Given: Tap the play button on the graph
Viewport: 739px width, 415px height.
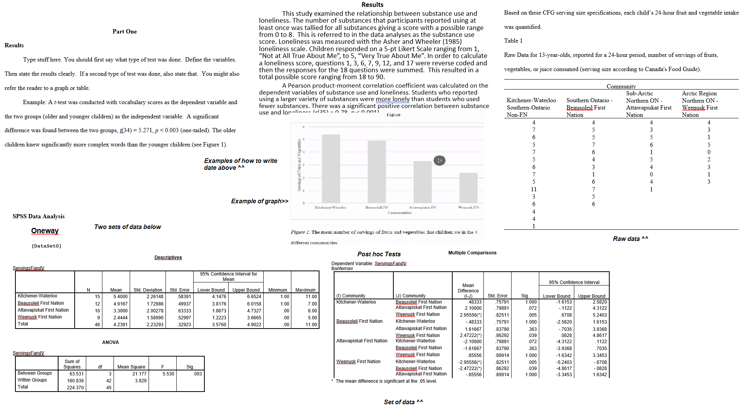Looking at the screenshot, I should [439, 160].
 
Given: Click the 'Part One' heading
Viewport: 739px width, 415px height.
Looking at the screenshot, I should [124, 32].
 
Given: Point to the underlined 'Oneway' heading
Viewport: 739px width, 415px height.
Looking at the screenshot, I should [45, 231].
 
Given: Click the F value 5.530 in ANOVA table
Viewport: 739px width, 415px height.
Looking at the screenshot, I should [168, 373].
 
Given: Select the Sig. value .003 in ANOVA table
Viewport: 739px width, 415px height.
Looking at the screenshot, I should [197, 373].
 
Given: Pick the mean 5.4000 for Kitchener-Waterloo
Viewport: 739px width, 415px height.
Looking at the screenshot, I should [120, 296].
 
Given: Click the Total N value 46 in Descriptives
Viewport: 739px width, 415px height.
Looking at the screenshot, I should [97, 324].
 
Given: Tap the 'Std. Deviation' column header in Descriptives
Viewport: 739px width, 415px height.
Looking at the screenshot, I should [148, 290].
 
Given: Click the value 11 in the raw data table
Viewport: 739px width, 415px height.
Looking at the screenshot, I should [533, 189].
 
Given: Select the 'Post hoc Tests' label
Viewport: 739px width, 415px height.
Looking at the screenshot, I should [379, 254].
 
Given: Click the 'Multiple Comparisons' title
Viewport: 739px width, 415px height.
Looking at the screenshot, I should [472, 253].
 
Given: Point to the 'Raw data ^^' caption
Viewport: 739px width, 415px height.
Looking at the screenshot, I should [630, 239].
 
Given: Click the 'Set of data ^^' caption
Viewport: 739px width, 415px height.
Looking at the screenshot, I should [403, 402].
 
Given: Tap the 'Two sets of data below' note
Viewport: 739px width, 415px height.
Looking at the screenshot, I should [127, 227].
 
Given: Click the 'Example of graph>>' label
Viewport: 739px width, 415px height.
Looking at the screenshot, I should [259, 201].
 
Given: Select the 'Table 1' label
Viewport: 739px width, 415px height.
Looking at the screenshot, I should [513, 41].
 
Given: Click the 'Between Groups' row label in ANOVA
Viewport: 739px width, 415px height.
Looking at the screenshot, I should [35, 373].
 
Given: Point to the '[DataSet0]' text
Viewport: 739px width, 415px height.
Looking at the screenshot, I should [46, 246].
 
